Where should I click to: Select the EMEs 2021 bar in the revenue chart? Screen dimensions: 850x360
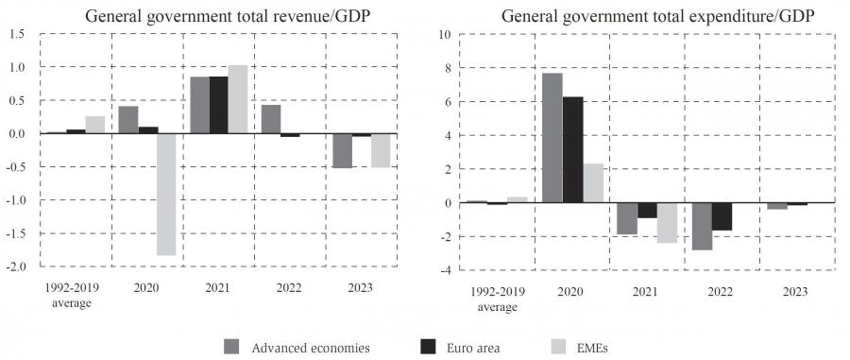[x=237, y=99]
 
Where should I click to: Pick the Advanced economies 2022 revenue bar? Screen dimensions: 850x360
[x=271, y=119]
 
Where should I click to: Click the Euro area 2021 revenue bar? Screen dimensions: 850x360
[x=218, y=105]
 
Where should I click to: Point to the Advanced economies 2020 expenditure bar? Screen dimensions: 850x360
[x=552, y=138]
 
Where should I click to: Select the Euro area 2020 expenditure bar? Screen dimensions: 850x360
[x=573, y=149]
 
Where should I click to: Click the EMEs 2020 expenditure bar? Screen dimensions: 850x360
[x=593, y=183]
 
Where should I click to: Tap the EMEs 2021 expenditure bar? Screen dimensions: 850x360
[x=668, y=223]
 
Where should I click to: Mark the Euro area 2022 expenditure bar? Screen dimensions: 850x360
[x=722, y=216]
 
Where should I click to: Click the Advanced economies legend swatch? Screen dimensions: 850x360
[x=231, y=347]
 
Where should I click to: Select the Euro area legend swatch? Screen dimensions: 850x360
[x=428, y=347]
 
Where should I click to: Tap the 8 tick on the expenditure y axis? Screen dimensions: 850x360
[x=448, y=68]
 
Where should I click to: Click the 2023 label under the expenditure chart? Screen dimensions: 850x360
[x=796, y=292]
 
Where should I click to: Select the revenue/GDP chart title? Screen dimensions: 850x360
[x=229, y=16]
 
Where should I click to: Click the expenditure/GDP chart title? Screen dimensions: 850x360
[x=657, y=16]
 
